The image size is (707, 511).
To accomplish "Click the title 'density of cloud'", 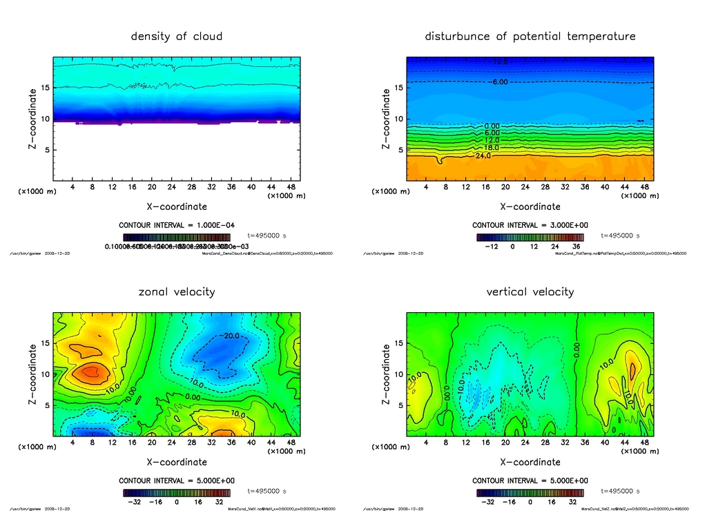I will (176, 36).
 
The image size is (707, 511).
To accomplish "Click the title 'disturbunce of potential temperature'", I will (530, 36).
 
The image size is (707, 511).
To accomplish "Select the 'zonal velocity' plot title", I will (176, 291).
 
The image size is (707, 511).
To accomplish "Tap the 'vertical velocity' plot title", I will (530, 291).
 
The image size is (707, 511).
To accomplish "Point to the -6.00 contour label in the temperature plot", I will (498, 81).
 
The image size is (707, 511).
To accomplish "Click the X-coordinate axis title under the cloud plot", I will (176, 206).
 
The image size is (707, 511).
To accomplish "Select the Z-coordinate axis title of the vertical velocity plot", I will (386, 374).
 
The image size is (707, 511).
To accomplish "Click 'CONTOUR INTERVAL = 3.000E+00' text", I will (530, 225).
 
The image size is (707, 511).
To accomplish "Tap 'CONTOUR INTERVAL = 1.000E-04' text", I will (176, 225).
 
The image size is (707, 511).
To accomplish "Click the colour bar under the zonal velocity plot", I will (176, 493).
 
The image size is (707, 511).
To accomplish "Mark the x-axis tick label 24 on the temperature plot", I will (525, 187).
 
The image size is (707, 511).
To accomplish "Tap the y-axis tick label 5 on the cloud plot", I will (45, 150).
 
